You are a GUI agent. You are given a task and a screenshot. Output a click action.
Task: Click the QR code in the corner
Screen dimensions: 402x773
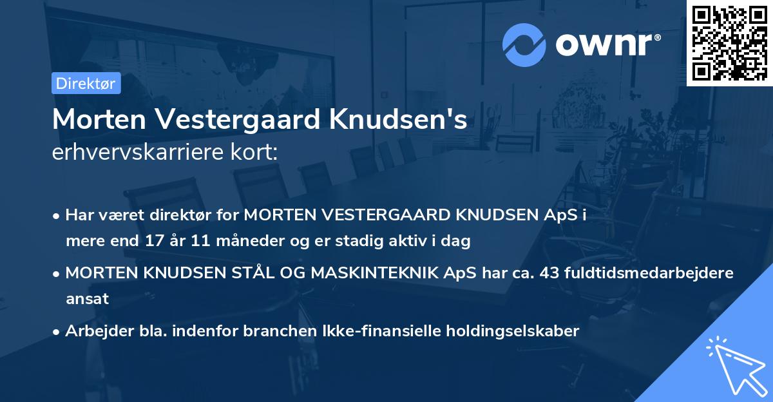[x=729, y=43]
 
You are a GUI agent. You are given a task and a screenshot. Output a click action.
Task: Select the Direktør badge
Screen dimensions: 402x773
[x=86, y=83]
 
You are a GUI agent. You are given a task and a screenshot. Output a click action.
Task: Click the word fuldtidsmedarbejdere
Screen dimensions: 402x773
[x=649, y=273]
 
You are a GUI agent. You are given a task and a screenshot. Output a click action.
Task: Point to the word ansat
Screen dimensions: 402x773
[x=87, y=299]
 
